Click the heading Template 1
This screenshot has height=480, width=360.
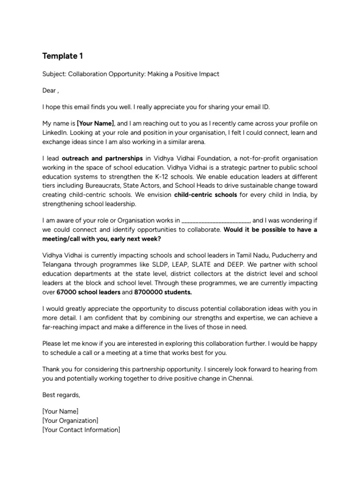62,56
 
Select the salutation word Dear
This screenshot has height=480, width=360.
49,90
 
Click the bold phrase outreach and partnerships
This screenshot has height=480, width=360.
102,158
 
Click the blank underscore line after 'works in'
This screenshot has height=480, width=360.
216,220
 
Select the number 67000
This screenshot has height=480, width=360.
67,292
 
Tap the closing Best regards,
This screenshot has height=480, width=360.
61,395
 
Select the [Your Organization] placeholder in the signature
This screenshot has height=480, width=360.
70,420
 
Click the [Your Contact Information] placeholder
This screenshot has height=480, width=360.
81,429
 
